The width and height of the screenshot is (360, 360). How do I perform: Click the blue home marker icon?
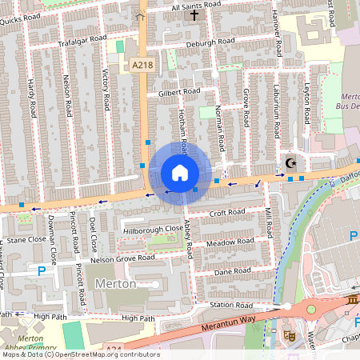(x=180, y=173)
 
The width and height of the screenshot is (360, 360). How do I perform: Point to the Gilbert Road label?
(x=178, y=93)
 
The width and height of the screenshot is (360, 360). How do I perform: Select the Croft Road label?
(x=226, y=213)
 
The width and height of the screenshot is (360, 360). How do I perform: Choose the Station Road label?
(x=231, y=306)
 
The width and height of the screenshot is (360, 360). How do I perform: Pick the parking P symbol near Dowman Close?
(x=42, y=272)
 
